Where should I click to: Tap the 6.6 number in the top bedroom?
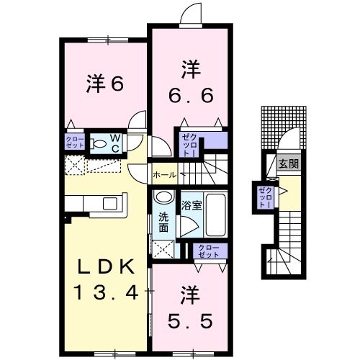click(191, 94)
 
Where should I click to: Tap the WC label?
click(115, 142)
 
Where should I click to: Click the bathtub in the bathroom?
click(215, 215)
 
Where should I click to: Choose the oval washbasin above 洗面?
click(163, 197)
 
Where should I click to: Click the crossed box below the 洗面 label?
click(164, 250)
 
